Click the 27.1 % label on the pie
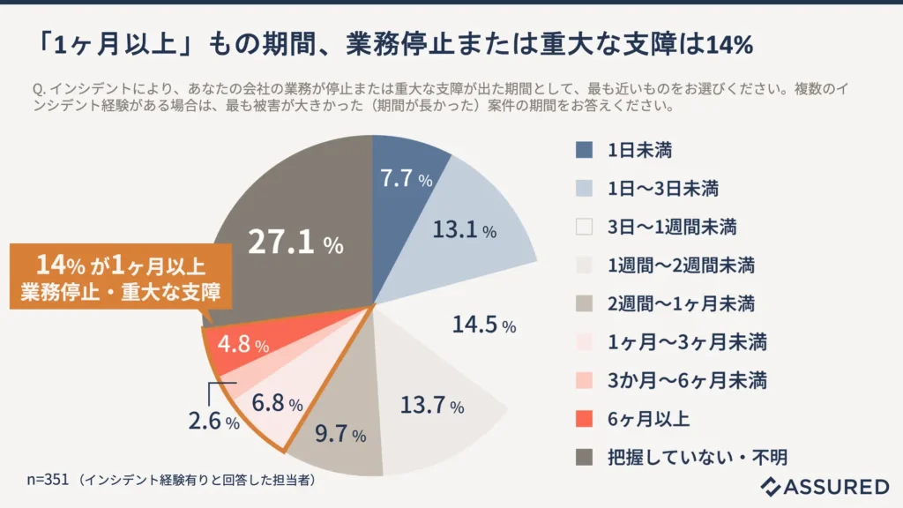click(295, 243)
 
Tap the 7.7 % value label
click(406, 179)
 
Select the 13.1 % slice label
click(464, 230)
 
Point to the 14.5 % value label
click(484, 325)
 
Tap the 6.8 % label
click(277, 404)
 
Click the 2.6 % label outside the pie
click(213, 422)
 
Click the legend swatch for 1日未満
click(584, 150)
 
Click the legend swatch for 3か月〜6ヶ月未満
click(584, 380)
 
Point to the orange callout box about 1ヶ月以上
click(121, 275)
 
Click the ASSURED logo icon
click(772, 486)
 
